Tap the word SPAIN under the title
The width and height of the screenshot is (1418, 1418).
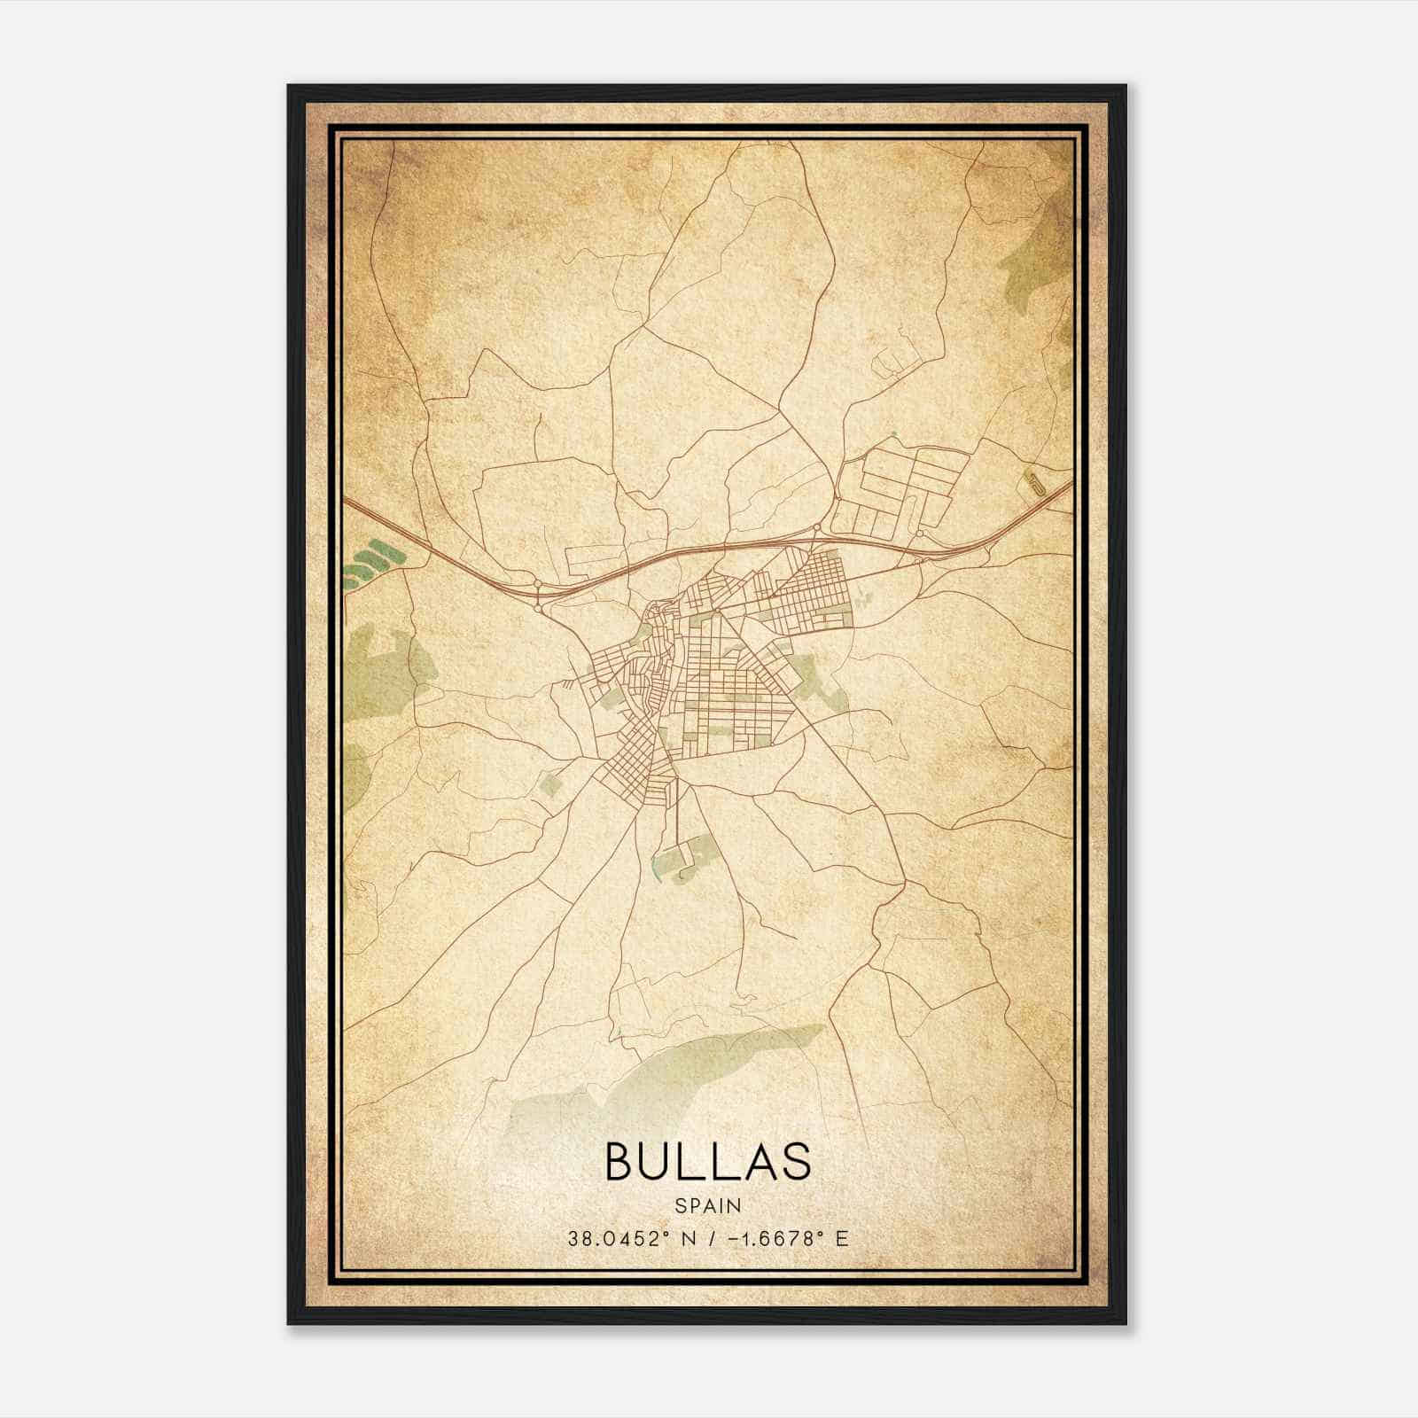[707, 1205]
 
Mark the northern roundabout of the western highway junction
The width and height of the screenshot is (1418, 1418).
[538, 584]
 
